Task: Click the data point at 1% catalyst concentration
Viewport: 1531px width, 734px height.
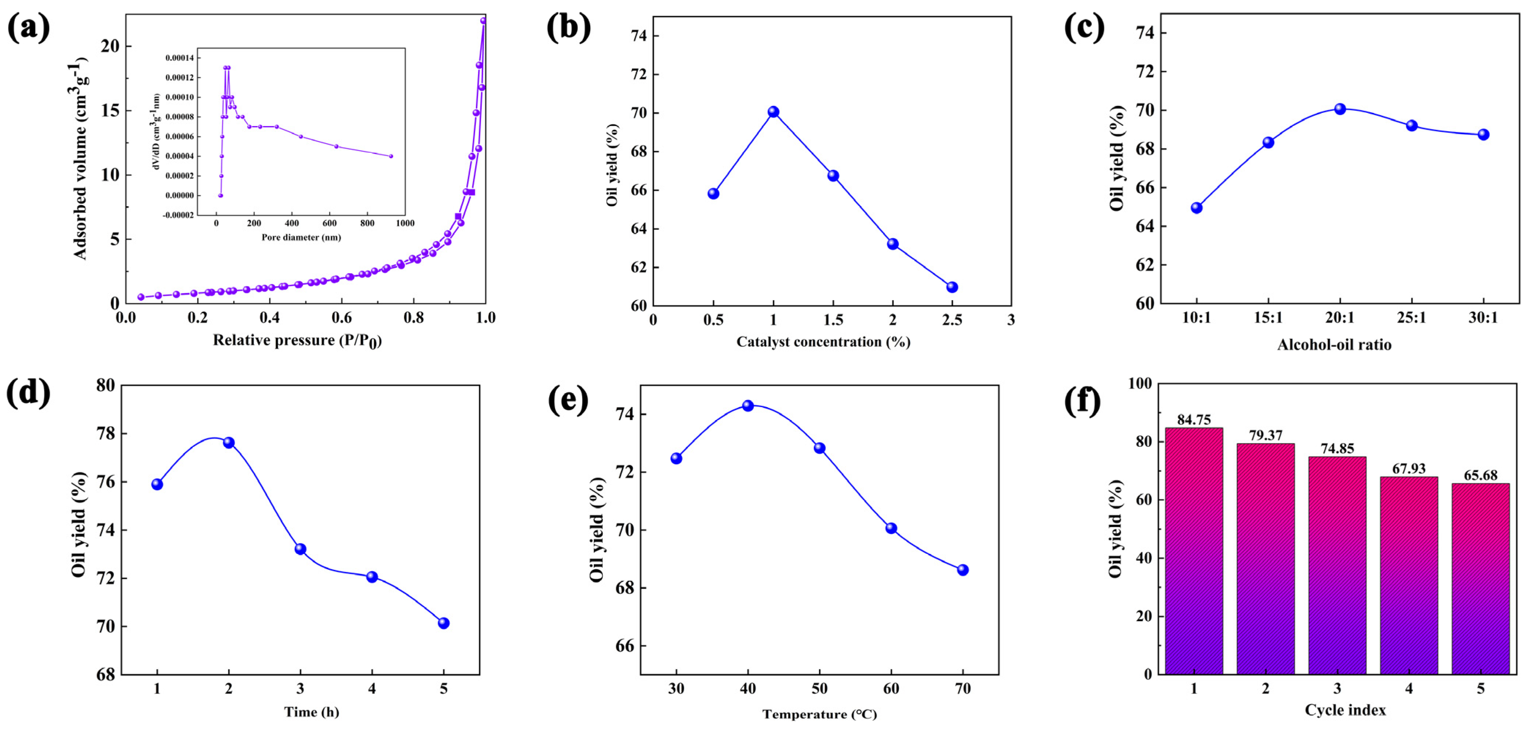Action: [x=773, y=112]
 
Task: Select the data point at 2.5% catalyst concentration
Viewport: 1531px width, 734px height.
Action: [x=952, y=287]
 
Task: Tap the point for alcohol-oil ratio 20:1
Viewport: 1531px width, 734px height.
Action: [x=1340, y=109]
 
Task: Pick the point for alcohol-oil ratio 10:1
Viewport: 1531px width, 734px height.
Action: [x=1196, y=208]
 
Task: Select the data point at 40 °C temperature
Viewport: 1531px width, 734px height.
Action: [x=748, y=406]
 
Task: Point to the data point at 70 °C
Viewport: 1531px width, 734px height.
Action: [x=963, y=570]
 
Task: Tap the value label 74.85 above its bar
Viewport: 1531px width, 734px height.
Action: [x=1337, y=449]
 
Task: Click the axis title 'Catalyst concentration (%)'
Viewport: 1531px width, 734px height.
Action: [x=823, y=342]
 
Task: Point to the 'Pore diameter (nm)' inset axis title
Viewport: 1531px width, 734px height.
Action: [x=301, y=237]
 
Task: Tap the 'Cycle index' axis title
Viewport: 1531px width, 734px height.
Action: [x=1345, y=710]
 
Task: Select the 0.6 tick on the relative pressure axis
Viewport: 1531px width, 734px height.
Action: [x=342, y=318]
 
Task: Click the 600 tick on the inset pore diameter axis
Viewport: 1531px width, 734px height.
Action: [x=329, y=223]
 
